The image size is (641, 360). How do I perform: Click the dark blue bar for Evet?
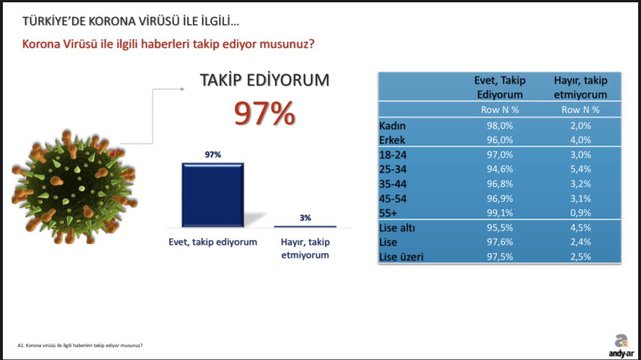(x=213, y=195)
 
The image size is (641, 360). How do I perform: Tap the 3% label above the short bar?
(x=305, y=218)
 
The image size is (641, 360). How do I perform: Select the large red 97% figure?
(x=264, y=113)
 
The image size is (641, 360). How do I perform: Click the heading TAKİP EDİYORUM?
(x=264, y=80)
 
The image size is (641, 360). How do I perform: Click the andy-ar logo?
(x=622, y=346)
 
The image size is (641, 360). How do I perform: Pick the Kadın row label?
(x=392, y=125)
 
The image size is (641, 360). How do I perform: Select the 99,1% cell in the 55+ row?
(x=500, y=213)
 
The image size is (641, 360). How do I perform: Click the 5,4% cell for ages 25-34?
(x=581, y=169)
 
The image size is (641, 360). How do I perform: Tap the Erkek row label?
(x=392, y=140)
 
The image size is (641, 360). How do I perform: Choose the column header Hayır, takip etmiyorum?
(x=581, y=88)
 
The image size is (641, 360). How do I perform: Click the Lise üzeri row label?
(x=401, y=257)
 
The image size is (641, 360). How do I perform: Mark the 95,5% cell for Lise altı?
(x=500, y=228)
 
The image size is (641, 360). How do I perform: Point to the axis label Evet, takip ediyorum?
(x=213, y=242)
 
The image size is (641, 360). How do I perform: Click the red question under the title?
(x=168, y=44)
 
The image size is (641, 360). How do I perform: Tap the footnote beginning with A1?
(x=80, y=345)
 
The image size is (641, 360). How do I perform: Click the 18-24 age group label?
(x=393, y=155)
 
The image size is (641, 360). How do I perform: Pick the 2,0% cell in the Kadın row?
(x=581, y=125)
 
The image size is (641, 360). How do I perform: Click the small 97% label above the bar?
(x=213, y=154)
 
